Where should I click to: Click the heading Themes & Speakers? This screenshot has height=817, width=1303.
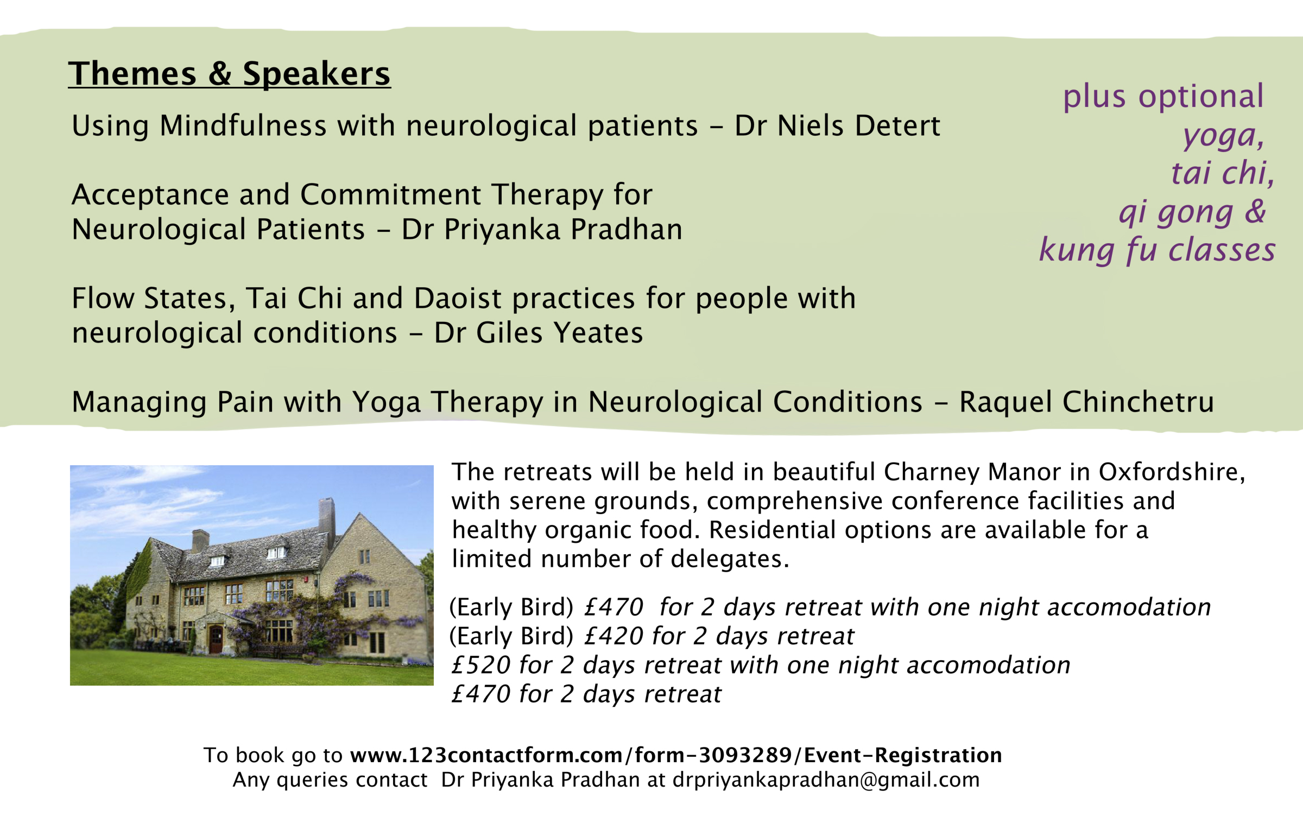click(229, 73)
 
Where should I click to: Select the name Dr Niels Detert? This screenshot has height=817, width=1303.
click(837, 126)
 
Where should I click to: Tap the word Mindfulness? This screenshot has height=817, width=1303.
click(243, 126)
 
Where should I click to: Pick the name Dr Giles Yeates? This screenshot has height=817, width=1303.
click(539, 333)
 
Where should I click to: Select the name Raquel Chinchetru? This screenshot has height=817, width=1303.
click(1086, 402)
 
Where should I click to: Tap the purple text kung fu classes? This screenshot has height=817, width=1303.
click(1157, 250)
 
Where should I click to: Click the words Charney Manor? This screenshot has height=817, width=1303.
click(972, 472)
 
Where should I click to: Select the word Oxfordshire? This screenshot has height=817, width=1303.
click(1172, 472)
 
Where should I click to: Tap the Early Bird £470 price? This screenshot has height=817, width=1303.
click(613, 607)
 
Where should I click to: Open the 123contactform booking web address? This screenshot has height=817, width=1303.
click(676, 755)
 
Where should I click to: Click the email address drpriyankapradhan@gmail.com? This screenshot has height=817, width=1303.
click(826, 780)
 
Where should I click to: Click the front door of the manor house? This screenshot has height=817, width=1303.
click(216, 639)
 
